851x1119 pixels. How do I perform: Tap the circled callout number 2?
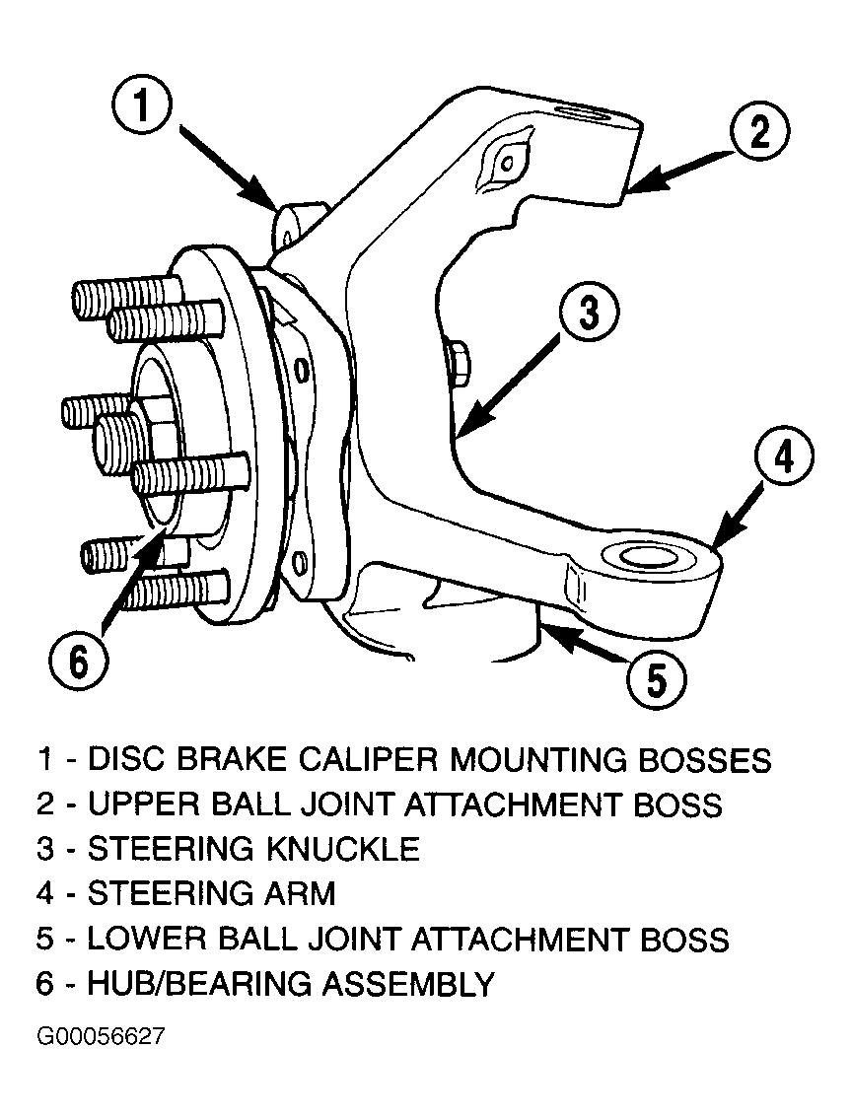tap(759, 133)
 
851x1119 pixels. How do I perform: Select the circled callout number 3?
tap(589, 313)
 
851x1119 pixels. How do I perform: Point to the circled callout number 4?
tap(783, 456)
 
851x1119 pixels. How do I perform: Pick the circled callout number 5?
tap(656, 678)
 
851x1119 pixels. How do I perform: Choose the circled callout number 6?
tap(79, 662)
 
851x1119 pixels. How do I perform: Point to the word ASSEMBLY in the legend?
tap(407, 984)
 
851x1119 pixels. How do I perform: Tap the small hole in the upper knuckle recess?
tap(506, 164)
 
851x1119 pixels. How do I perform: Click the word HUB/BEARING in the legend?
tap(198, 984)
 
